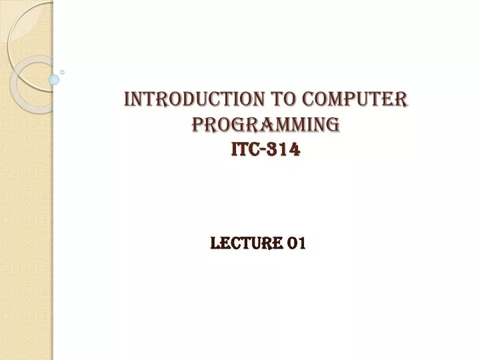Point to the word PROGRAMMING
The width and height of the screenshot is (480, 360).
265,125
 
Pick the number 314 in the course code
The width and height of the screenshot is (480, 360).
285,151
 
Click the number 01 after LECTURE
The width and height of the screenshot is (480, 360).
296,244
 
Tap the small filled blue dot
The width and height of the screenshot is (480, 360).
54,79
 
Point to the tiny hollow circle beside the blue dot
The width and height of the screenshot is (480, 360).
63,71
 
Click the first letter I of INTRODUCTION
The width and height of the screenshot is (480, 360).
128,100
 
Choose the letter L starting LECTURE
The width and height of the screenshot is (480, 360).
214,244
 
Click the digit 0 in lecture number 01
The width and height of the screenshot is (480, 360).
292,244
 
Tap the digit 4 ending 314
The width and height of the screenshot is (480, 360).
295,151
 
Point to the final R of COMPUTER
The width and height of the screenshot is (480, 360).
402,100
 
